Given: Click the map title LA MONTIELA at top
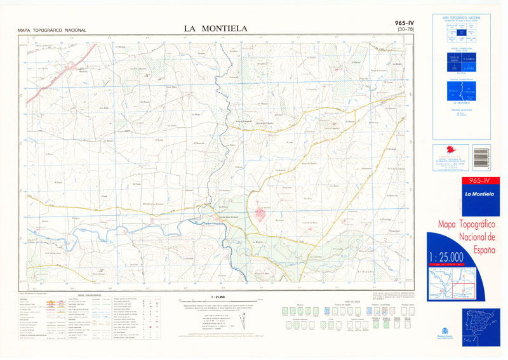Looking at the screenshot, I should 215,28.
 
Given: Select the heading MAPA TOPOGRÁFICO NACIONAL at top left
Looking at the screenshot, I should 52,30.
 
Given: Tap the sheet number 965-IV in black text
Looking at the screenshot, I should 404,23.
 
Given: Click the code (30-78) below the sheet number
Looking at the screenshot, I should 404,30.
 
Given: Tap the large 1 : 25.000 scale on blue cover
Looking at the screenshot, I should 455,257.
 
